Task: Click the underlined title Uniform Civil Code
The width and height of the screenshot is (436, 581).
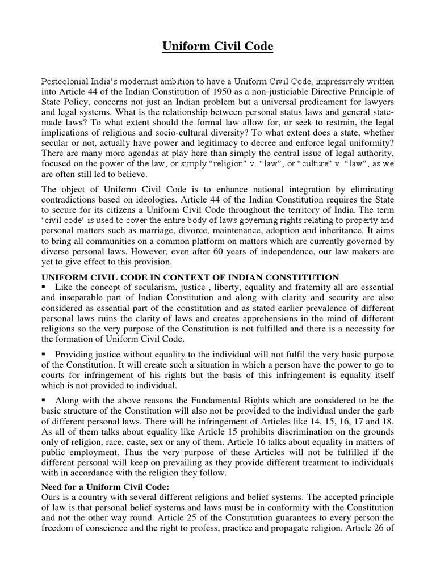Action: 218,46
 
